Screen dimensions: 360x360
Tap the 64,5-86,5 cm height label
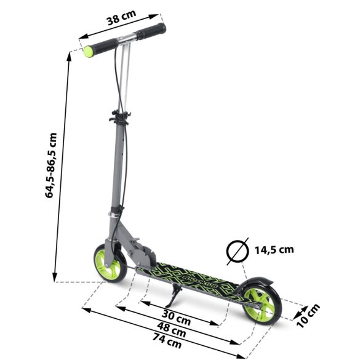click(x=52, y=165)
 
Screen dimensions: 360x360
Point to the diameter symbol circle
click(x=238, y=250)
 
